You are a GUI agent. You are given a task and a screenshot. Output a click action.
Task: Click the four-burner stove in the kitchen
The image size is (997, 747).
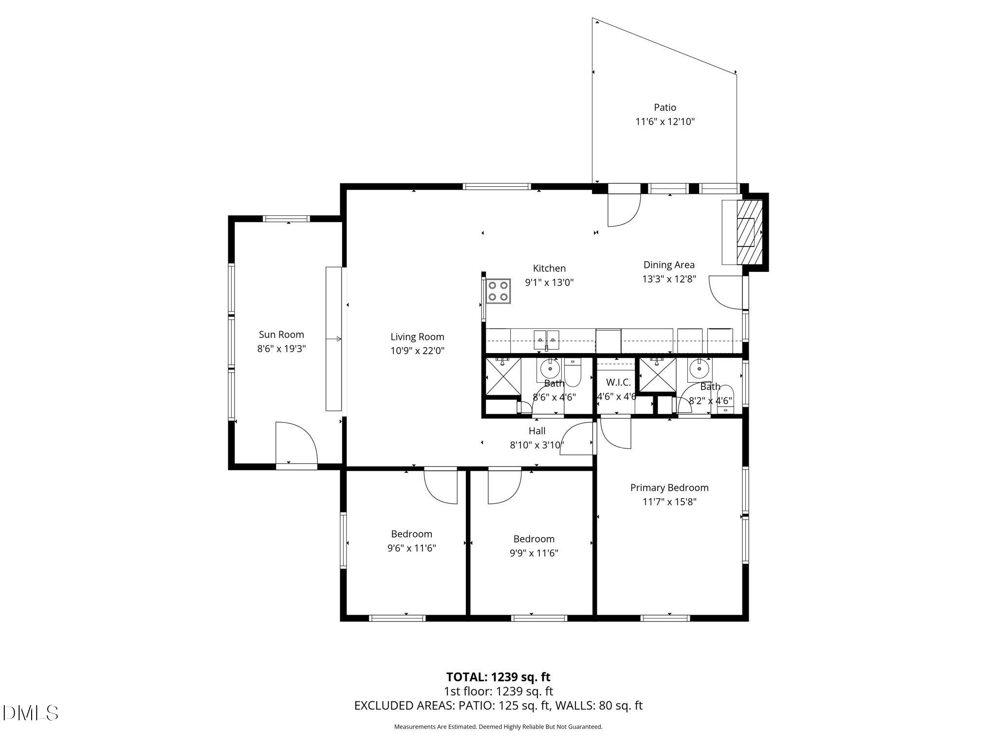[498, 291]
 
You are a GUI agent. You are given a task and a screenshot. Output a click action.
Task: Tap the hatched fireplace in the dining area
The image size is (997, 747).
[749, 232]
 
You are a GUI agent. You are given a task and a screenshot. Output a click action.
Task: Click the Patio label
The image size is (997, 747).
[665, 107]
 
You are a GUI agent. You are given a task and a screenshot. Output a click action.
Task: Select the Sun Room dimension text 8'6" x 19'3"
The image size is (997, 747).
[281, 349]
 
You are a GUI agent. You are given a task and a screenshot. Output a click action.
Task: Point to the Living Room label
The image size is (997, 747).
[417, 337]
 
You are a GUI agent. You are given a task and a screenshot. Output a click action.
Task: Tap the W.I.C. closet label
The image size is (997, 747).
[618, 382]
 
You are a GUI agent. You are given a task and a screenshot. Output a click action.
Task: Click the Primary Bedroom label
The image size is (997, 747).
[669, 487]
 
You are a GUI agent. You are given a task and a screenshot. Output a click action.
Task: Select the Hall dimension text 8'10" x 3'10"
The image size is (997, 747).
[536, 445]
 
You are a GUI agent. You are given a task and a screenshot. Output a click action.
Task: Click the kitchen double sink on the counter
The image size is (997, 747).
[547, 339]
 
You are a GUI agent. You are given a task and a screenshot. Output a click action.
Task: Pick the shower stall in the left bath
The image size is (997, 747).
[503, 375]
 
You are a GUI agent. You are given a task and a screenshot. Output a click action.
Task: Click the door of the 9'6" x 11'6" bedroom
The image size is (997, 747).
[441, 485]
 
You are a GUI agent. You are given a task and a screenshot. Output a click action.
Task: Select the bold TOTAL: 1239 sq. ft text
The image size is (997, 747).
[498, 677]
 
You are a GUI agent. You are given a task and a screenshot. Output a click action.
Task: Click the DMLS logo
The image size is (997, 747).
[30, 713]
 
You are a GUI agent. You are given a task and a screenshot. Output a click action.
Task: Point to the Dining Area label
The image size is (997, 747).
[669, 265]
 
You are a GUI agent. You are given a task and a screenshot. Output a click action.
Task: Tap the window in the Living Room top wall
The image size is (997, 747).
[496, 186]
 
